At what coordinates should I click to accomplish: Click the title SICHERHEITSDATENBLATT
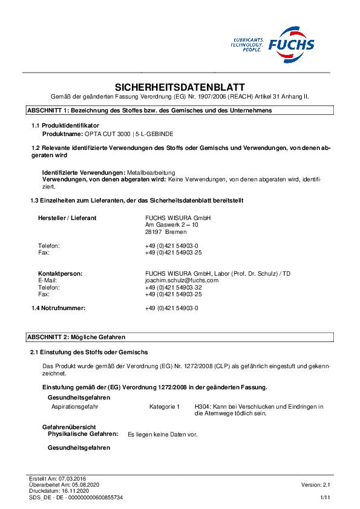click(x=180, y=86)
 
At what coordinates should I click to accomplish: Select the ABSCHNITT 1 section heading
click(x=149, y=111)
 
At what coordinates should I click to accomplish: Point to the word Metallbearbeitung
click(x=151, y=173)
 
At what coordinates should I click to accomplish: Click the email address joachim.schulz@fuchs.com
click(x=173, y=280)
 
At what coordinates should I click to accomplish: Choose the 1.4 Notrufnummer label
click(x=59, y=308)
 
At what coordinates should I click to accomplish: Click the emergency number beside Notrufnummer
click(x=172, y=308)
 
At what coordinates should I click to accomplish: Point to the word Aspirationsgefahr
click(x=75, y=407)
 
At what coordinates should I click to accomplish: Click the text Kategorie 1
click(x=165, y=407)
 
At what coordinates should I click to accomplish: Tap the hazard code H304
click(x=201, y=407)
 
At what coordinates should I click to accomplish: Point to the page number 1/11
click(x=325, y=497)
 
